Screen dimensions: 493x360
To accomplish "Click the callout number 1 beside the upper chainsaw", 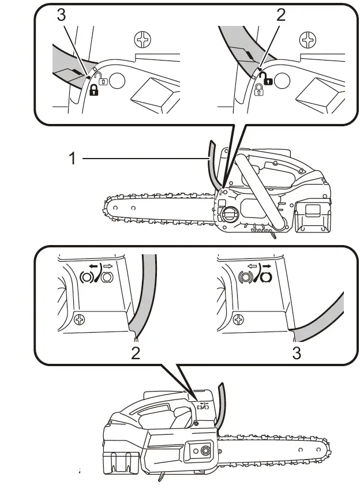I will click(72, 158).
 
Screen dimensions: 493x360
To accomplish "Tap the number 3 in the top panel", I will click(62, 16).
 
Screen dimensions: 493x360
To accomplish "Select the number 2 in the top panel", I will click(281, 16).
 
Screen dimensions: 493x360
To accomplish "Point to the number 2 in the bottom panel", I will click(135, 353).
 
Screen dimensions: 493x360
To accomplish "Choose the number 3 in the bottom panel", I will click(297, 353).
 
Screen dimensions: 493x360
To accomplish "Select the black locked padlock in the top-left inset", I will click(94, 90).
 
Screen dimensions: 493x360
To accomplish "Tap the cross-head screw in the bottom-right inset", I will click(238, 318).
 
